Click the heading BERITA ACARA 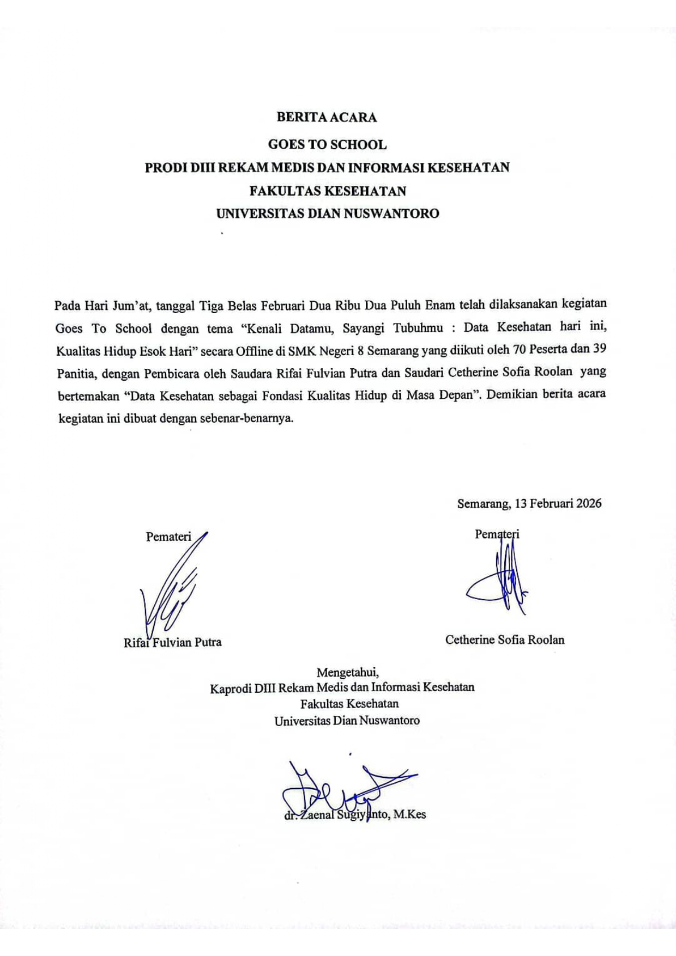[327, 117]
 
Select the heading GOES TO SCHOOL [327, 144]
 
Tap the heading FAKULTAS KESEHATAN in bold [328, 191]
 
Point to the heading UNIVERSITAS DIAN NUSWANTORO [328, 214]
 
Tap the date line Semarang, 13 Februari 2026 [529, 503]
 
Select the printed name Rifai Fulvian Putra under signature [172, 642]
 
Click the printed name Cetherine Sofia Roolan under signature [505, 640]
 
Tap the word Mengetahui [347, 672]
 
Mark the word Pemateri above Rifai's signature [168, 537]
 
